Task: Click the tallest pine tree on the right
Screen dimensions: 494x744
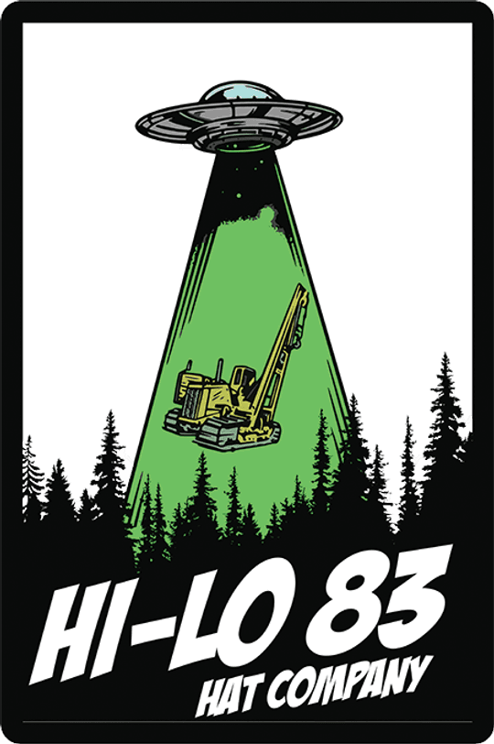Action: tap(444, 427)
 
